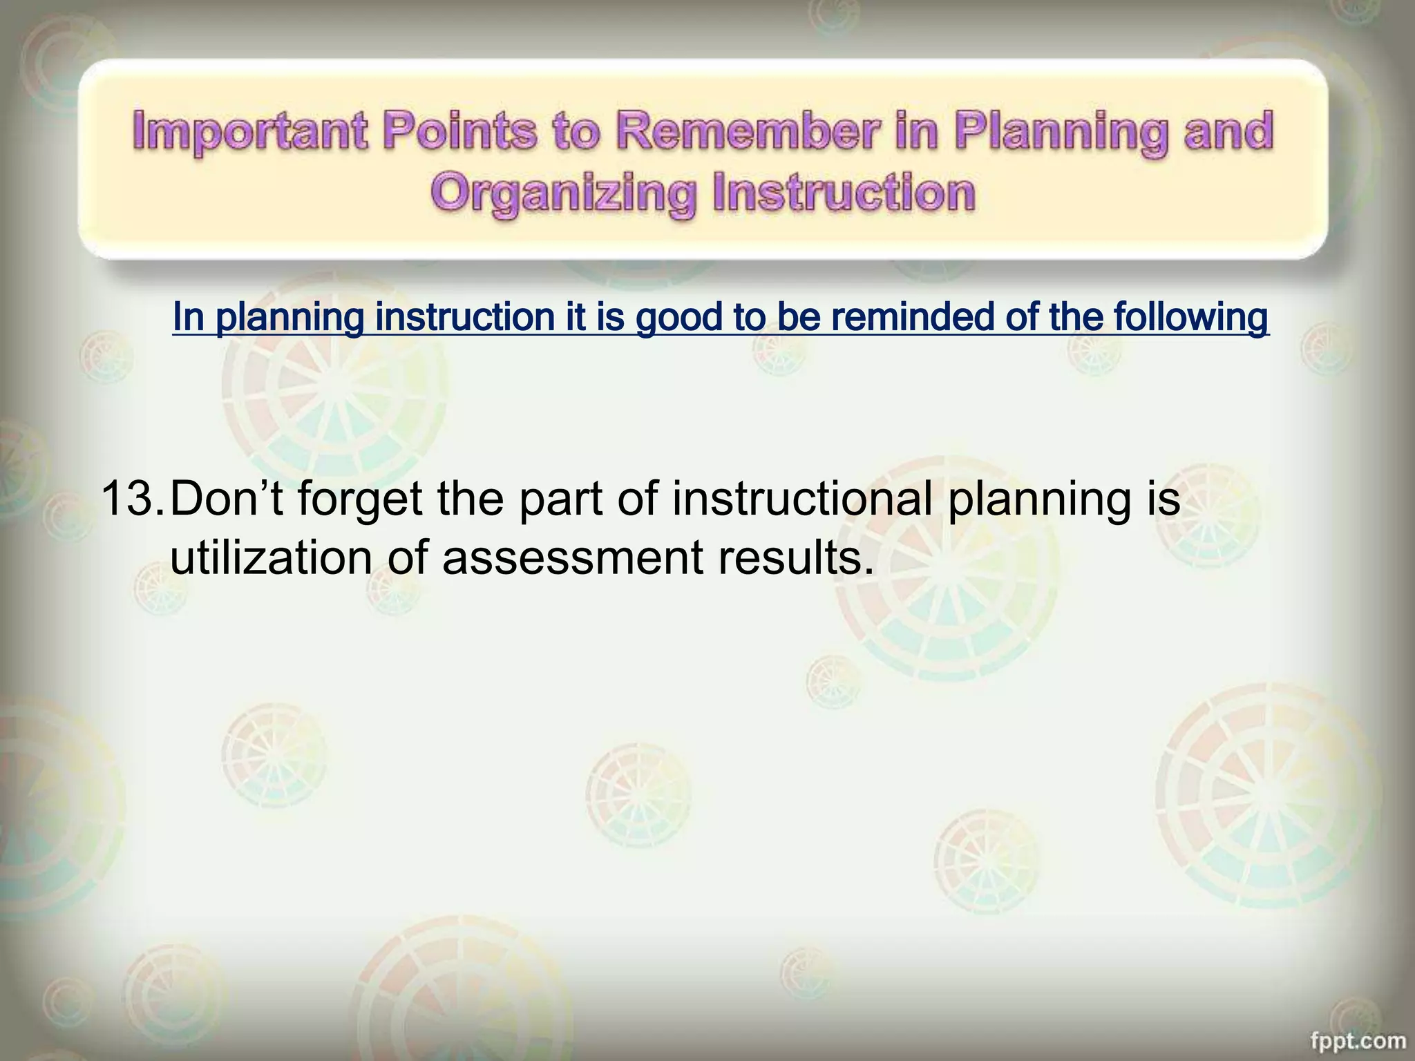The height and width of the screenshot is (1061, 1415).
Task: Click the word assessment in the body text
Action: [573, 558]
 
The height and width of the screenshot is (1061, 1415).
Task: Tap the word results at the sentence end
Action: [795, 558]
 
